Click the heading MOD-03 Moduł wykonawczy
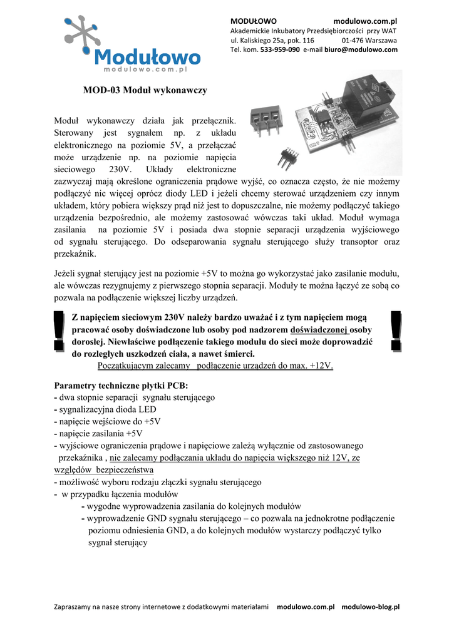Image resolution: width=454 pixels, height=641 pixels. point(145,90)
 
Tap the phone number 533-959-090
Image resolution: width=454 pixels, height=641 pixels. point(280,49)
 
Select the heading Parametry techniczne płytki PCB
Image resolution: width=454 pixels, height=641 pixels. point(121,385)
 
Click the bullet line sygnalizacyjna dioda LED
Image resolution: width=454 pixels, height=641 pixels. point(108,409)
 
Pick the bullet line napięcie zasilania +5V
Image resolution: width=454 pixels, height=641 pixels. point(101,433)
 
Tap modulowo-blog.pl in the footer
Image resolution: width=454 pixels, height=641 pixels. point(370,607)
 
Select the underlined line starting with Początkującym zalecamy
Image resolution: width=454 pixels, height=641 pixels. point(215,366)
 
